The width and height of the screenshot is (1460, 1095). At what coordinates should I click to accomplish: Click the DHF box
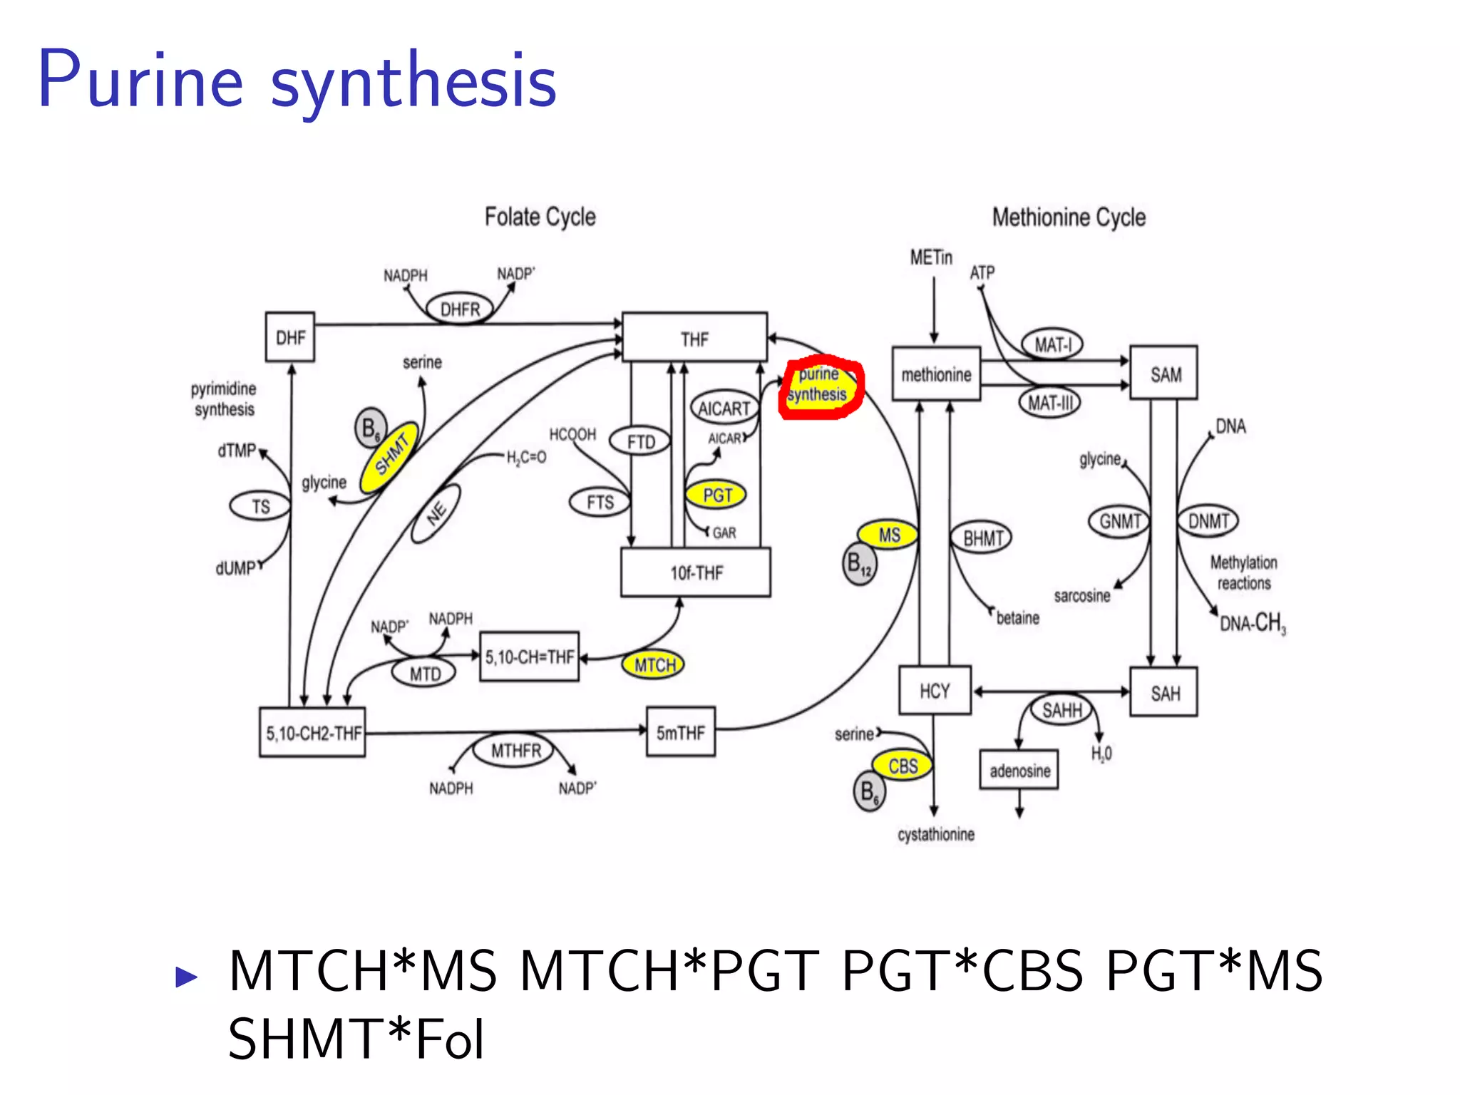pyautogui.click(x=290, y=337)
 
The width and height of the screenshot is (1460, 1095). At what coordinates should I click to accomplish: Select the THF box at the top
pyautogui.click(x=694, y=338)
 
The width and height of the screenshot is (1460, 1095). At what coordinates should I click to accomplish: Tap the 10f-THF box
pyautogui.click(x=696, y=572)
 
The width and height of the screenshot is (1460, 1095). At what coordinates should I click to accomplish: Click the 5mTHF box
pyautogui.click(x=681, y=732)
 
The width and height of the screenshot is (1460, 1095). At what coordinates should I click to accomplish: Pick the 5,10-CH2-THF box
pyautogui.click(x=312, y=733)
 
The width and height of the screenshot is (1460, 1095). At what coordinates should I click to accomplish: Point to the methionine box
pyautogui.click(x=936, y=374)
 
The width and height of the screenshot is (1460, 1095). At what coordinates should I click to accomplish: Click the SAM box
pyautogui.click(x=1164, y=374)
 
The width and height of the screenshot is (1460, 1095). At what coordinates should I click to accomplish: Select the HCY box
pyautogui.click(x=935, y=691)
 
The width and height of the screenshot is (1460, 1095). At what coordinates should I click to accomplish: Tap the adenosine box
pyautogui.click(x=1019, y=770)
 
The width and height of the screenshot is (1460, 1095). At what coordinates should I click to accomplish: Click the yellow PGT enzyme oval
pyautogui.click(x=716, y=495)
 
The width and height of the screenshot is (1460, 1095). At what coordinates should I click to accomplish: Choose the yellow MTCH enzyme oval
pyautogui.click(x=653, y=665)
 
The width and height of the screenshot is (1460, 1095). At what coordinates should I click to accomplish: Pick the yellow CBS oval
pyautogui.click(x=903, y=766)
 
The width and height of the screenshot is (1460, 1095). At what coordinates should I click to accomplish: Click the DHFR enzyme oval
pyautogui.click(x=460, y=309)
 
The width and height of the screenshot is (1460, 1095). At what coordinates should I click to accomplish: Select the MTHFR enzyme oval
pyautogui.click(x=515, y=751)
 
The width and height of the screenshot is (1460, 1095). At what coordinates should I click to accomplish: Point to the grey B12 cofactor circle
pyautogui.click(x=859, y=565)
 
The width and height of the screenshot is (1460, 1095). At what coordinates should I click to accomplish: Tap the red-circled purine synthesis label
pyautogui.click(x=819, y=386)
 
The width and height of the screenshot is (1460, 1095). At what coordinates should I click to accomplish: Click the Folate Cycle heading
pyautogui.click(x=540, y=217)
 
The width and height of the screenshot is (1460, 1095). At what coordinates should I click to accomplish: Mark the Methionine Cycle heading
pyautogui.click(x=1069, y=217)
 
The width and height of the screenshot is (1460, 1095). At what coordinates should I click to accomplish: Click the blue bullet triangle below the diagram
pyautogui.click(x=186, y=976)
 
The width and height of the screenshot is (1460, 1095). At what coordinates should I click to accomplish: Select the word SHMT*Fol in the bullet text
pyautogui.click(x=356, y=1039)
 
